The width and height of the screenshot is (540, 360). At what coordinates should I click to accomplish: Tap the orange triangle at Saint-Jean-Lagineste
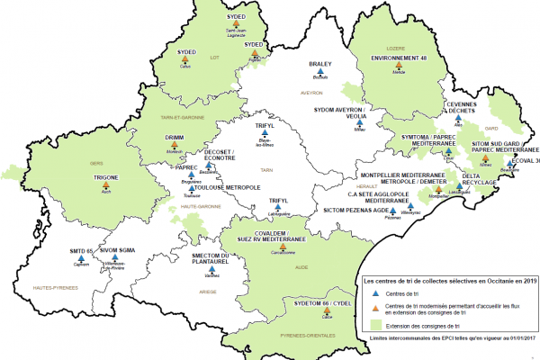coord(235,24)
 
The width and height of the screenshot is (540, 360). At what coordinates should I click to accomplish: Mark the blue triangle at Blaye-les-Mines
coord(265,136)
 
